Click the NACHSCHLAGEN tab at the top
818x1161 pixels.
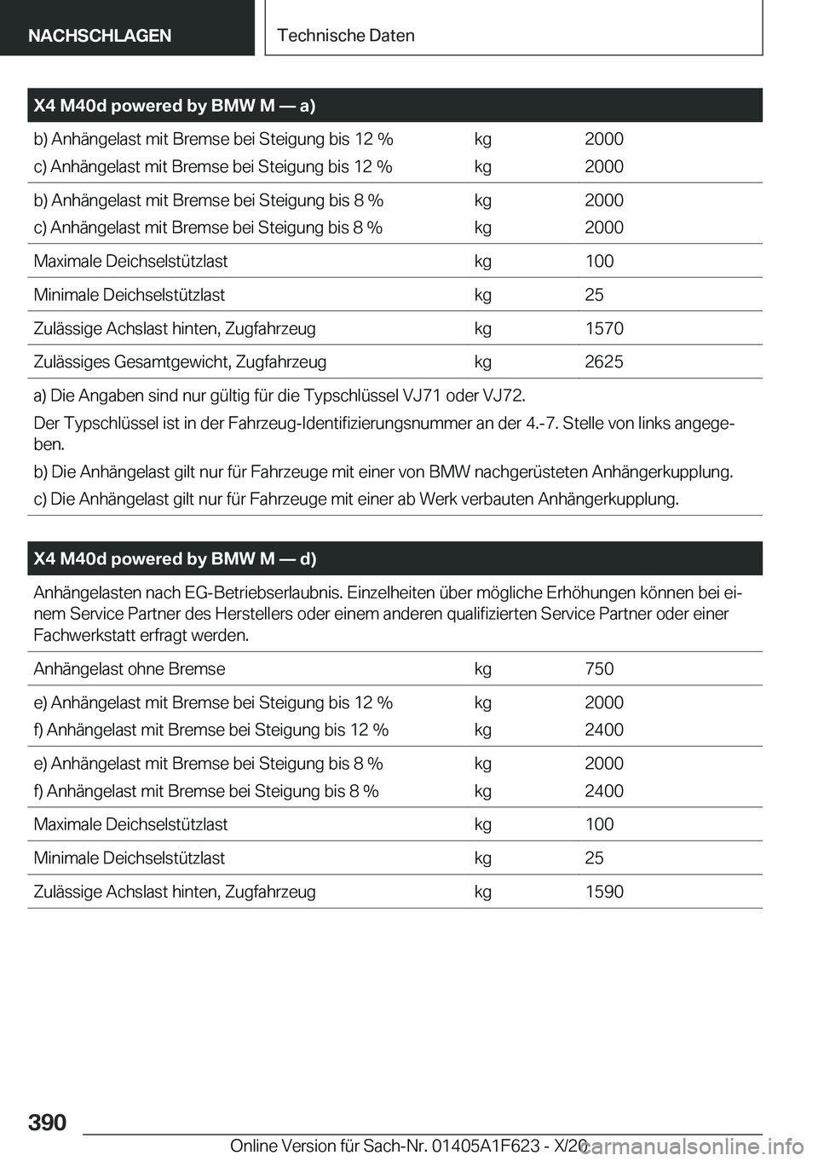pyautogui.click(x=100, y=36)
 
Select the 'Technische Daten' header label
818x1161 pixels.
pyautogui.click(x=346, y=36)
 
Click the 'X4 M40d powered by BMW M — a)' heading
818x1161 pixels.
pyautogui.click(x=175, y=106)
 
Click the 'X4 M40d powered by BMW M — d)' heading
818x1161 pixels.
pyautogui.click(x=175, y=559)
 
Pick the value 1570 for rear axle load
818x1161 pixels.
pyautogui.click(x=604, y=328)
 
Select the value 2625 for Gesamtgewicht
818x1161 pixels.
pyautogui.click(x=604, y=362)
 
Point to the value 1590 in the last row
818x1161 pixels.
pyautogui.click(x=604, y=892)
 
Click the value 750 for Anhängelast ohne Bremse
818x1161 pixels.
pyautogui.click(x=599, y=669)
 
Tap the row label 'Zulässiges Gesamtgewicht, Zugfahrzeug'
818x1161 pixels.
pyautogui.click(x=180, y=362)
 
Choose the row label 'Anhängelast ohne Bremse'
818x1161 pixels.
pyautogui.click(x=130, y=669)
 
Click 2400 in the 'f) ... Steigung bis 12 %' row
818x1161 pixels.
pyautogui.click(x=604, y=730)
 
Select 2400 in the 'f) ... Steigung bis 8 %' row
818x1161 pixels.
pyautogui.click(x=604, y=791)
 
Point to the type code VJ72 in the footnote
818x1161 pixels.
pyautogui.click(x=503, y=396)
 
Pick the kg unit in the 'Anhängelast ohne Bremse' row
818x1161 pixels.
pyautogui.click(x=483, y=669)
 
